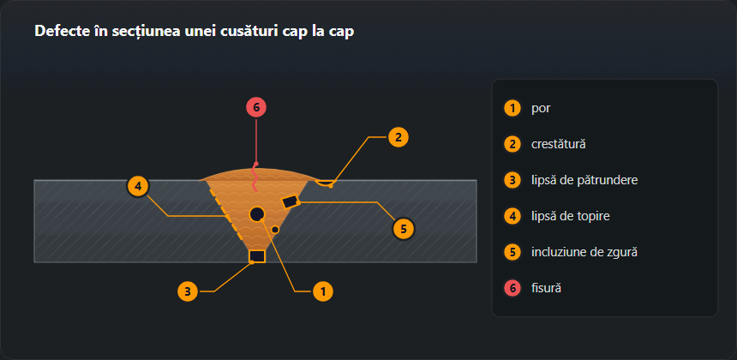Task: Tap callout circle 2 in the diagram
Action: [x=398, y=137]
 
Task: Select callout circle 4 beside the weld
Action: [x=138, y=187]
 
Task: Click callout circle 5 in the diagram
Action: [x=404, y=229]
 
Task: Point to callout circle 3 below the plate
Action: [x=188, y=291]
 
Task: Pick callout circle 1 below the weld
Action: [x=323, y=291]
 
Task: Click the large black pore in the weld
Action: [x=257, y=214]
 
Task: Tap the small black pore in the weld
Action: [x=275, y=230]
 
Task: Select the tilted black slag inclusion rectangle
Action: [x=291, y=202]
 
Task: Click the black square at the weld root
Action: [x=257, y=256]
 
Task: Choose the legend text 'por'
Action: [x=541, y=108]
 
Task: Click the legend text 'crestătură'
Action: [x=559, y=144]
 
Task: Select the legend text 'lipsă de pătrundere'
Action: [x=584, y=181]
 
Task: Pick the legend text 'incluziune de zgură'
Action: [x=584, y=252]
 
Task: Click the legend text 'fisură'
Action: [x=547, y=288]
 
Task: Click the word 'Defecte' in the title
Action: [x=57, y=31]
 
